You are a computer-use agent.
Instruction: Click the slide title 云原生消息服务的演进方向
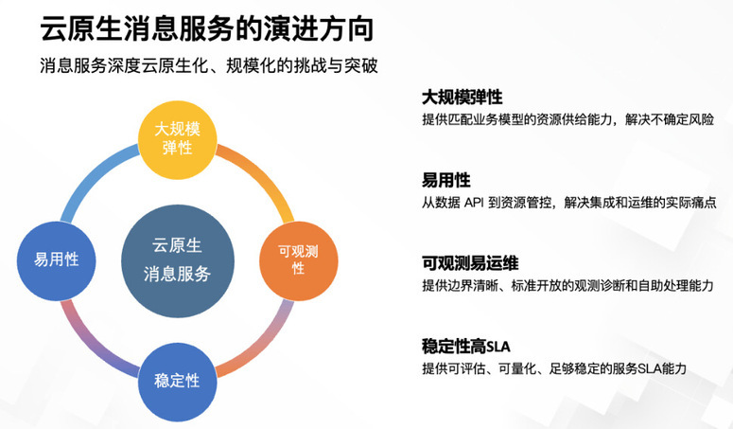(207, 28)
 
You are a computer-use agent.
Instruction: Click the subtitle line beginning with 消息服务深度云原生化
(208, 66)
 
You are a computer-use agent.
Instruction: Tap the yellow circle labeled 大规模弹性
(178, 140)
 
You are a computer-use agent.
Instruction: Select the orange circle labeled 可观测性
(299, 260)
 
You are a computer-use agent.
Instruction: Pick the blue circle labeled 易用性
(57, 260)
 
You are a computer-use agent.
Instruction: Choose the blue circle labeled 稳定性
(178, 382)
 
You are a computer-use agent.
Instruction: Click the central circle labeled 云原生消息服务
(178, 260)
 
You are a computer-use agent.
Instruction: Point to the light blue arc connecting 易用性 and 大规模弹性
(92, 175)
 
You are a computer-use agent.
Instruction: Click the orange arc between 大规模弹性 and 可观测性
(263, 175)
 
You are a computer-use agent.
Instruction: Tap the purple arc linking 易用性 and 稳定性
(92, 347)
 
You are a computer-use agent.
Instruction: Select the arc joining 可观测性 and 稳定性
(263, 347)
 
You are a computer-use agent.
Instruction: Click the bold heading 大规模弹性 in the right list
(462, 98)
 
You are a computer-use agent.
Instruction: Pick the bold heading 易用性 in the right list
(446, 180)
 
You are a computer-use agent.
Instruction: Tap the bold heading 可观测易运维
(470, 263)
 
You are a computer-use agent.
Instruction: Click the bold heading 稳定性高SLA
(465, 347)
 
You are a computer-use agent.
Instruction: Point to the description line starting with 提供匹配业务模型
(568, 119)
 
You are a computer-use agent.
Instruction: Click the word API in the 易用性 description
(474, 203)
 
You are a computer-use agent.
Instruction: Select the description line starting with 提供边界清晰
(568, 285)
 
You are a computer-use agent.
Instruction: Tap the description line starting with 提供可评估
(554, 368)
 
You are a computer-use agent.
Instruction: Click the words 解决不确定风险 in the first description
(670, 119)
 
